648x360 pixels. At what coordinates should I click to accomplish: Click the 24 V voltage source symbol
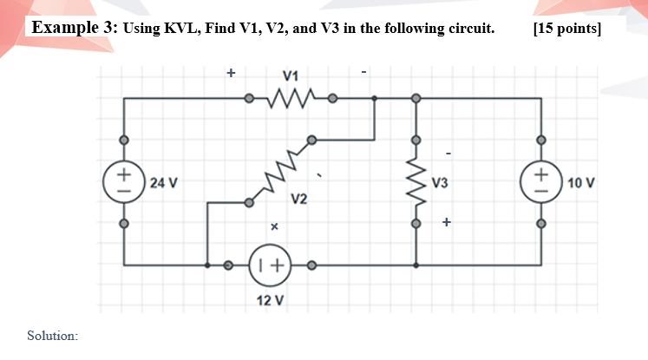123,180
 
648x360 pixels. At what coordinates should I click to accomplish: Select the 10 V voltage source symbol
541,180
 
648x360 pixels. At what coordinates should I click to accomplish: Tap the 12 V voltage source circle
271,265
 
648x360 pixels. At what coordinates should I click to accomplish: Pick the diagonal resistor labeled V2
279,172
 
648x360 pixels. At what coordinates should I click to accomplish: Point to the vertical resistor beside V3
416,181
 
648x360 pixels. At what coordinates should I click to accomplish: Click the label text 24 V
163,183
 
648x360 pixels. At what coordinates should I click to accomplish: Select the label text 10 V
581,183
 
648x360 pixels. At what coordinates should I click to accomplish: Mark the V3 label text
440,183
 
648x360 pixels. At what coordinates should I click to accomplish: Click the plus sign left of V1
231,73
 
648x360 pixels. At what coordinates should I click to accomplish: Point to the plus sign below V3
446,222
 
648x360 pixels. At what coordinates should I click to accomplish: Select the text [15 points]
567,28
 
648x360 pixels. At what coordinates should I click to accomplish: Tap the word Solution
52,335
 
